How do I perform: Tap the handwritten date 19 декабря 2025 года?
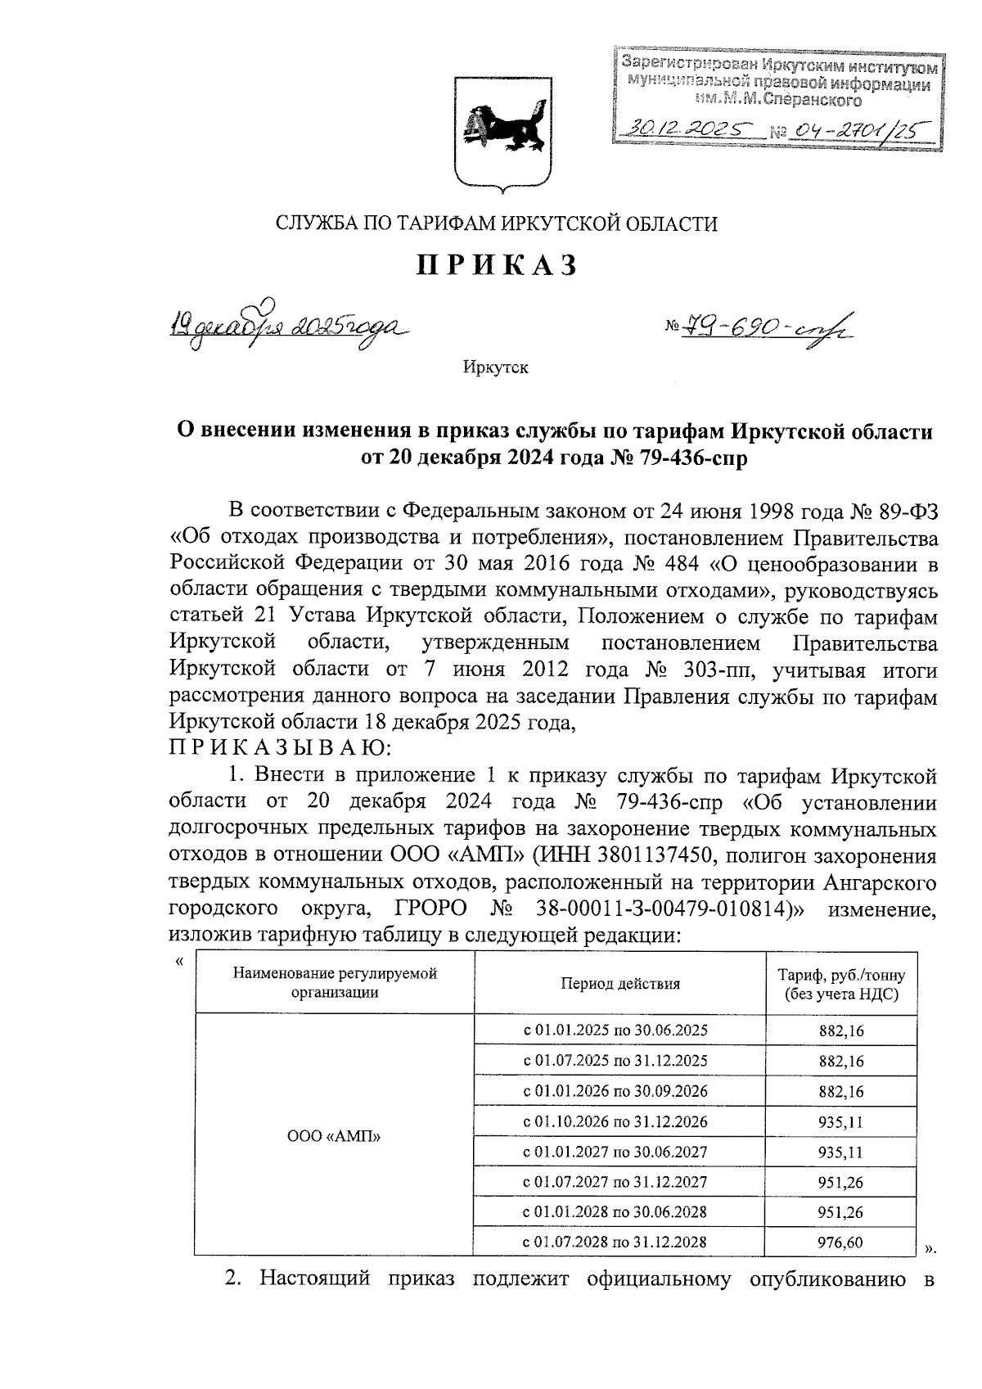[286, 327]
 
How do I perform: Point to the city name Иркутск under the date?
[495, 368]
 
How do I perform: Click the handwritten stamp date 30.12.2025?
[686, 129]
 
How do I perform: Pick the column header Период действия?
[619, 984]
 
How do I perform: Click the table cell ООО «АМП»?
[335, 1136]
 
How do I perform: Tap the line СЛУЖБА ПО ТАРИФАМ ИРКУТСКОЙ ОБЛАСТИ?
[496, 223]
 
